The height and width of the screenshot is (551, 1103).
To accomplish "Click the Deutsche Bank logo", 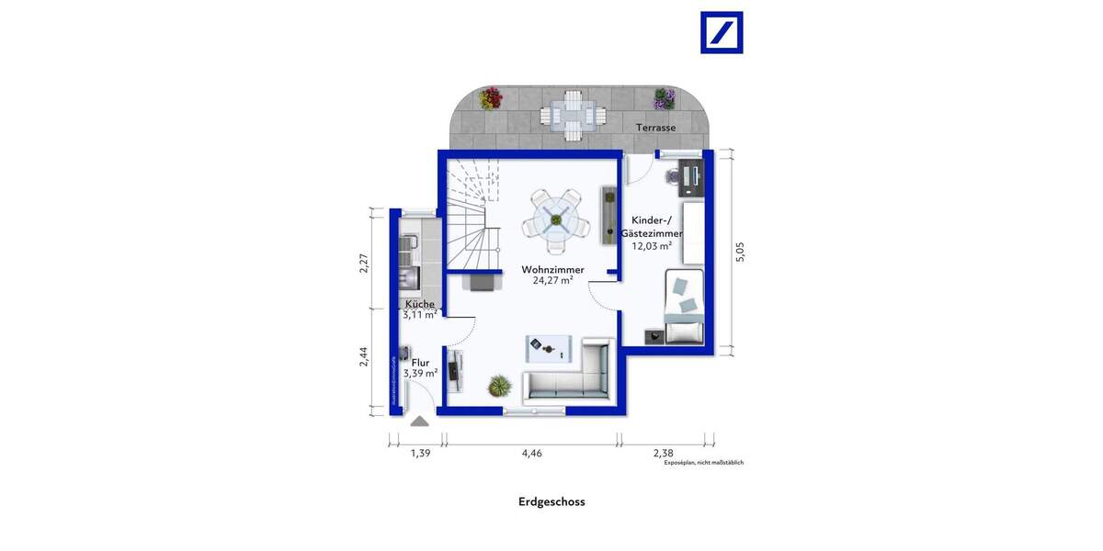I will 722,32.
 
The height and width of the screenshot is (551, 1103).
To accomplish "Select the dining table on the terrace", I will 573,114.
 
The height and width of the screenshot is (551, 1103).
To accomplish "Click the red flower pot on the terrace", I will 492,97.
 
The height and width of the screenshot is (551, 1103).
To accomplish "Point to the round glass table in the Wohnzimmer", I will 556,220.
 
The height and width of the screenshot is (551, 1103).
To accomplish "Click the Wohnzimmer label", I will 552,269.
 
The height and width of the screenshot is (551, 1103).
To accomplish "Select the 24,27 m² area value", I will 552,281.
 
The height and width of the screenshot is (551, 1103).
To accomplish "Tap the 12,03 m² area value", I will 651,246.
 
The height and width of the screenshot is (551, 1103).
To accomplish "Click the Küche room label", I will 420,304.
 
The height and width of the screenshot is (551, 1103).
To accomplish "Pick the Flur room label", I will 420,363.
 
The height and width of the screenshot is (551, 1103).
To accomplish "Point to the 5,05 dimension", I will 741,252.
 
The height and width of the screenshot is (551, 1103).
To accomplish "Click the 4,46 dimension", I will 532,452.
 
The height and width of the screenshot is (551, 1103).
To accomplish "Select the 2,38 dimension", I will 663,452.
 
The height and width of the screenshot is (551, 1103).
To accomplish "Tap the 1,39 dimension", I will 420,452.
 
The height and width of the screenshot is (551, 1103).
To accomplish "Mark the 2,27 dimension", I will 364,263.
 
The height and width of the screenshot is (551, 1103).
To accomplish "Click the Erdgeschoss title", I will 551,501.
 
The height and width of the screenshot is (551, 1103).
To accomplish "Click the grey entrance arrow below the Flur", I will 420,422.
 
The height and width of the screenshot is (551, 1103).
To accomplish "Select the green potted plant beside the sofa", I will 499,386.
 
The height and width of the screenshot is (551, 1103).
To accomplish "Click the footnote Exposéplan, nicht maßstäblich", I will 703,463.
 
